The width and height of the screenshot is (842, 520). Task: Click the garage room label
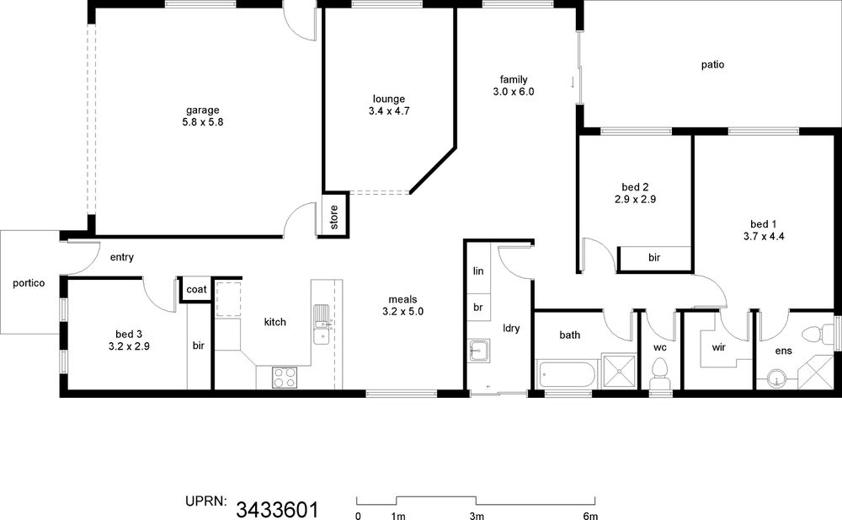(202, 110)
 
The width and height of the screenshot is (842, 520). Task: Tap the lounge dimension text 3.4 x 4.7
(389, 111)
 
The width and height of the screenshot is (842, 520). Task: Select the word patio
(712, 65)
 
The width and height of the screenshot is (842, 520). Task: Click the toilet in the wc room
(659, 373)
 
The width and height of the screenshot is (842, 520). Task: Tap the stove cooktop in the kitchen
(284, 377)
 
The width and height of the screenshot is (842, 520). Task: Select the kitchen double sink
(322, 324)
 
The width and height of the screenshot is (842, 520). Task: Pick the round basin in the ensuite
(776, 378)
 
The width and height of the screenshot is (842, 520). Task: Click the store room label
(334, 217)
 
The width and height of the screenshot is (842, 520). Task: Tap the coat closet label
(196, 289)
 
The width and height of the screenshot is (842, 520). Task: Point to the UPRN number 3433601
(277, 509)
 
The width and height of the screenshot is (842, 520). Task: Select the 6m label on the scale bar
(591, 516)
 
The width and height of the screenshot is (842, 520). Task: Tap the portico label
(29, 283)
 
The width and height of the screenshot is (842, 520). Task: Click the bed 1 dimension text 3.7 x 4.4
(764, 236)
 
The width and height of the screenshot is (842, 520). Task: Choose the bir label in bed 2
(654, 258)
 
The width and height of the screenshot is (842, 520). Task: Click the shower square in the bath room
(620, 371)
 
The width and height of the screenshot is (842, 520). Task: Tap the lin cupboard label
(478, 271)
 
